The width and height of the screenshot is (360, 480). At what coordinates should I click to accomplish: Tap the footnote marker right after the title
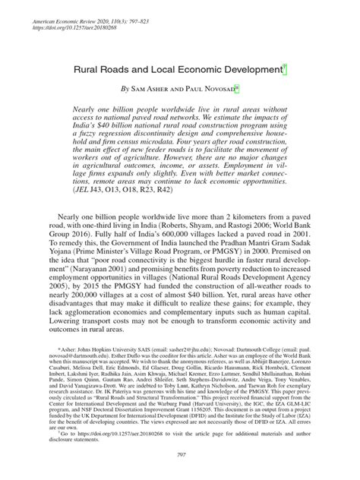click(285, 68)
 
